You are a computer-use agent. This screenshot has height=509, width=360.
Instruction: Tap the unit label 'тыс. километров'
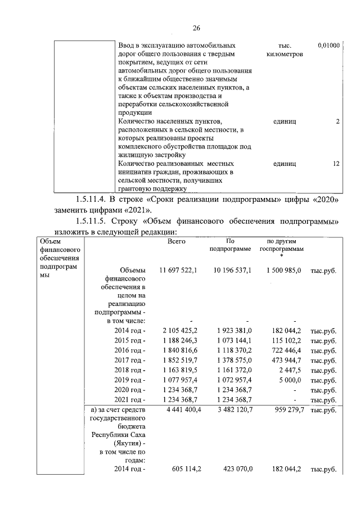click(x=283, y=50)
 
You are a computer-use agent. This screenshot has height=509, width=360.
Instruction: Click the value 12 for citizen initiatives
click(x=336, y=164)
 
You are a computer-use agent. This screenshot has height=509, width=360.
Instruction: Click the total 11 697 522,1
click(x=178, y=271)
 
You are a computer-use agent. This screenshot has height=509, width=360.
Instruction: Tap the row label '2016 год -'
click(x=130, y=350)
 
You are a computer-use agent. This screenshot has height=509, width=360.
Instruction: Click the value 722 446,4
click(x=286, y=350)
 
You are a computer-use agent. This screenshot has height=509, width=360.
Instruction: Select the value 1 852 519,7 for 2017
click(x=179, y=361)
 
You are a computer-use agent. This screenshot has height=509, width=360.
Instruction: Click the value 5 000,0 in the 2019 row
click(x=290, y=380)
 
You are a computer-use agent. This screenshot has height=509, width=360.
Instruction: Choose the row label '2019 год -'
click(x=130, y=380)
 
